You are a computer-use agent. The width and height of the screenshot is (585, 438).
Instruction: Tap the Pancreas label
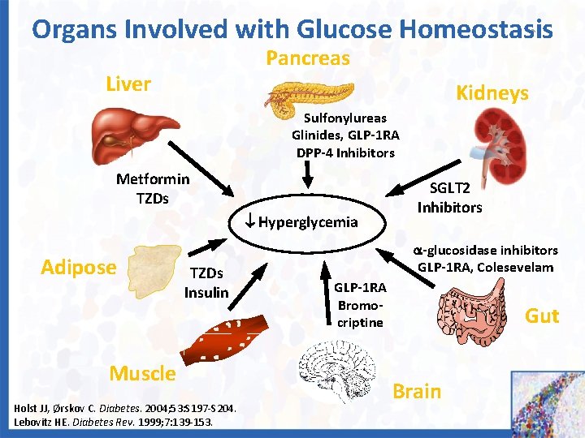(x=308, y=58)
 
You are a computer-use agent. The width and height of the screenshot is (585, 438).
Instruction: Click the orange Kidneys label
(x=492, y=92)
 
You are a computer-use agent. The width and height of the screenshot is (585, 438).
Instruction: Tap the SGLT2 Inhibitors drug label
(x=449, y=197)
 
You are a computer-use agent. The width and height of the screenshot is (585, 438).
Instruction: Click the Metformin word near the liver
(x=153, y=179)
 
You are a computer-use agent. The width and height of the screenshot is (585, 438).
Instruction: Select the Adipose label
(x=79, y=267)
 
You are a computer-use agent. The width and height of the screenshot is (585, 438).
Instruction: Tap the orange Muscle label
(x=142, y=373)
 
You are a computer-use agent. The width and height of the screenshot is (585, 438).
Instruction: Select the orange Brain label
(x=416, y=391)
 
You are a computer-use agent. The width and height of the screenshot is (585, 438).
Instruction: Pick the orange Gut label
(x=541, y=316)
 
